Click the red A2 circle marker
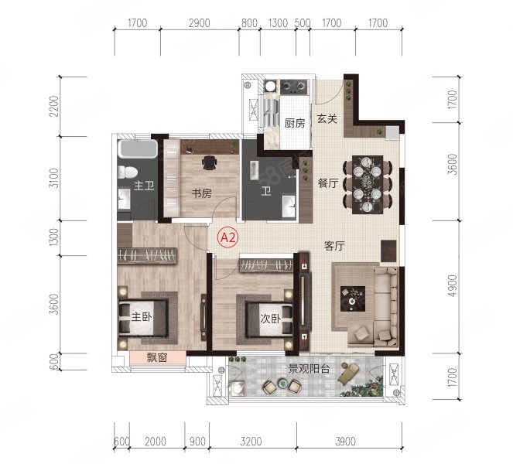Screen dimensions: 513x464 coord(229,238)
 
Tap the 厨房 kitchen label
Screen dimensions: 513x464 coord(295,123)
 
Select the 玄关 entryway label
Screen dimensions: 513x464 coord(327,118)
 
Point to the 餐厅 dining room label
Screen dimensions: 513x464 coord(328,183)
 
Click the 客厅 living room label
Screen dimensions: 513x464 coord(334,246)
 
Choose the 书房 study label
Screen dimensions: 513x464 coord(201,193)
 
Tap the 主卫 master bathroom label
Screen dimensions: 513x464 coord(144,186)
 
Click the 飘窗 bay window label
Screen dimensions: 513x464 coord(157,358)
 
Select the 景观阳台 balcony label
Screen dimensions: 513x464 coord(309,369)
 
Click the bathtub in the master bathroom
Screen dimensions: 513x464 coord(138,148)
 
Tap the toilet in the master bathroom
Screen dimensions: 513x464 coord(128,172)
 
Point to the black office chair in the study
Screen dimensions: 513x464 coord(210,162)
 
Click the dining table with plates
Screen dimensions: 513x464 coord(368,185)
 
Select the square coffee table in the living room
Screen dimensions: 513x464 coord(353,299)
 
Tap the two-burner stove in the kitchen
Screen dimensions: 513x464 coord(294,87)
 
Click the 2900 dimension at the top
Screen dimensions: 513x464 coord(200,23)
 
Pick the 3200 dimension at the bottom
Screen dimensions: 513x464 coord(251,442)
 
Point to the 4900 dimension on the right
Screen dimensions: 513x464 coord(452,286)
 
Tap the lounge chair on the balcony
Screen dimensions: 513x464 coord(348,373)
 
